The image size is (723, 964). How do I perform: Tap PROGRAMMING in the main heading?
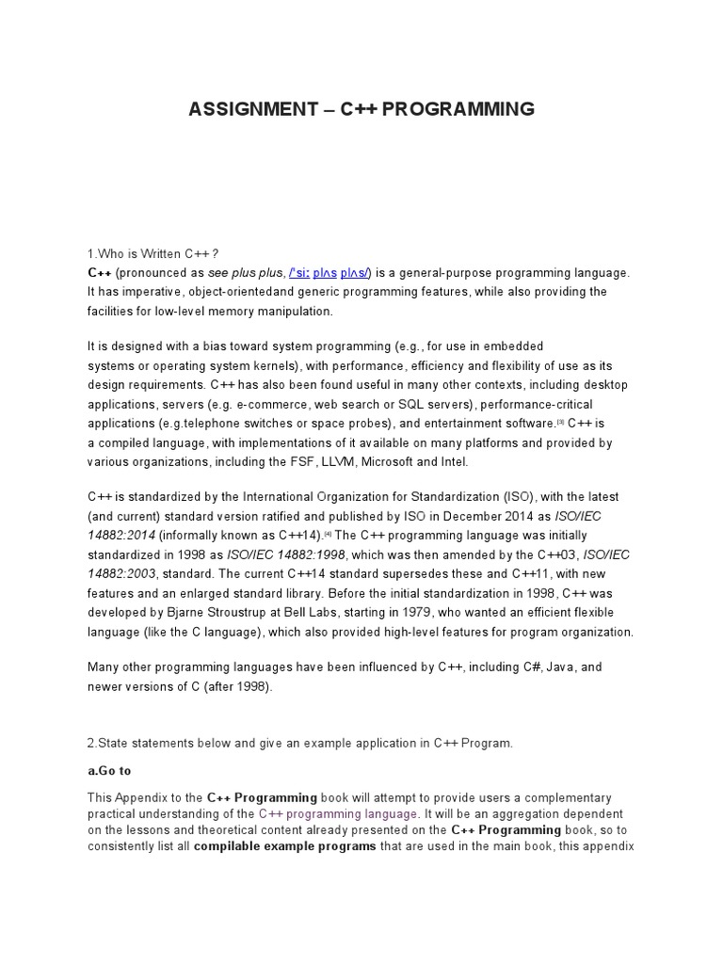[x=458, y=109]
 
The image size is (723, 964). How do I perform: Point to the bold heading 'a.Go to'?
[x=109, y=771]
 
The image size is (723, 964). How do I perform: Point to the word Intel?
[x=452, y=461]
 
